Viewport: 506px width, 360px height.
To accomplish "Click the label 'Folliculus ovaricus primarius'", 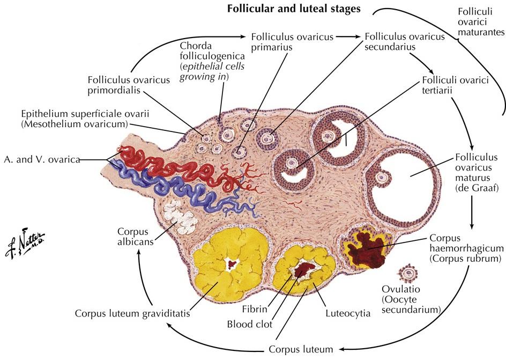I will pyautogui.click(x=292, y=41).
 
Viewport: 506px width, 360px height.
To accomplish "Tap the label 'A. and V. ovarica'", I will pyautogui.click(x=43, y=159).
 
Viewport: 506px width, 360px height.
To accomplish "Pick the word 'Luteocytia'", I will pyautogui.click(x=347, y=313).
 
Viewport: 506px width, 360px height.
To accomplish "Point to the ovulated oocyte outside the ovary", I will pyautogui.click(x=411, y=273).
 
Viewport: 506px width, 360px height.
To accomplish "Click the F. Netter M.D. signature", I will pyautogui.click(x=28, y=239).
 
